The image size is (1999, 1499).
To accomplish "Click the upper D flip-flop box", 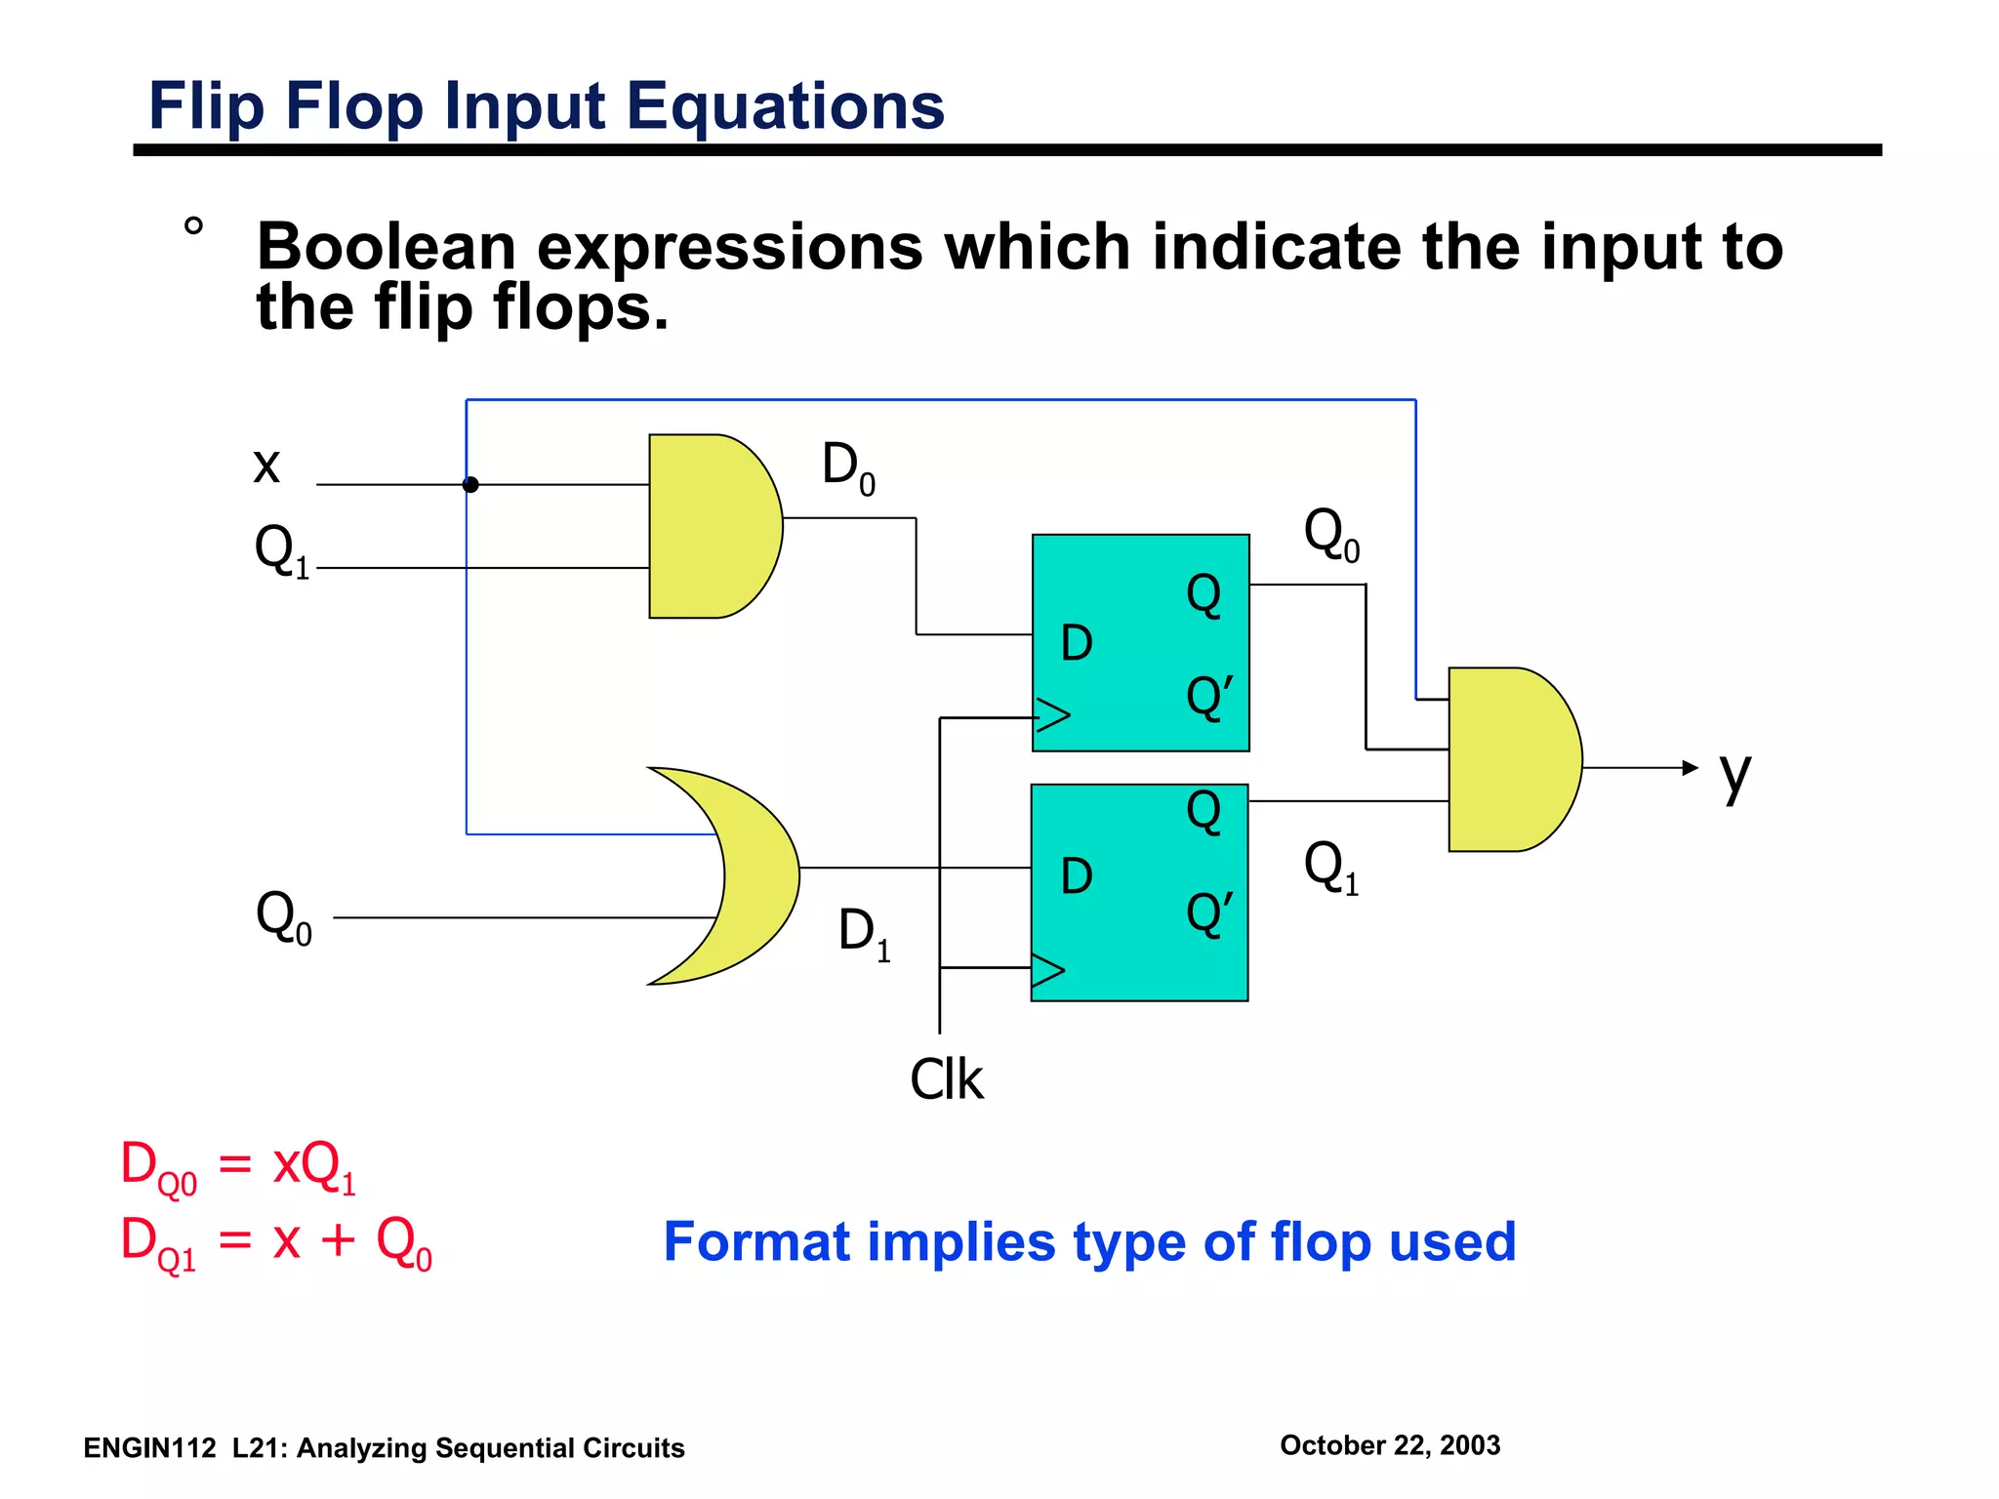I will tap(1140, 642).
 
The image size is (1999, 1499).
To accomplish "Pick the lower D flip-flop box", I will tap(1139, 892).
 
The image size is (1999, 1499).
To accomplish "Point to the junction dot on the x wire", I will tap(470, 484).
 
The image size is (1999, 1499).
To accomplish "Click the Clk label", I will tap(946, 1079).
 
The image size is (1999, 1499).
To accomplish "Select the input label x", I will tap(266, 465).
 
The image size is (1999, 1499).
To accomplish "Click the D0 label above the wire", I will tap(848, 466).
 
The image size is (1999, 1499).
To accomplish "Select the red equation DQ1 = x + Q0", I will tap(275, 1242).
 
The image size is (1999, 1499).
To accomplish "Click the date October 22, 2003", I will tap(1389, 1444).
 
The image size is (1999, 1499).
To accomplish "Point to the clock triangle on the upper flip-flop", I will tap(1052, 715).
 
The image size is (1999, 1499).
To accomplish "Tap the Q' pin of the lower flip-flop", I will tap(1209, 913).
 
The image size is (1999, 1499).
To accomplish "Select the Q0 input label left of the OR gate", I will tap(283, 917).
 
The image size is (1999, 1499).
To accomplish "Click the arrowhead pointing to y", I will tap(1691, 768).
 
